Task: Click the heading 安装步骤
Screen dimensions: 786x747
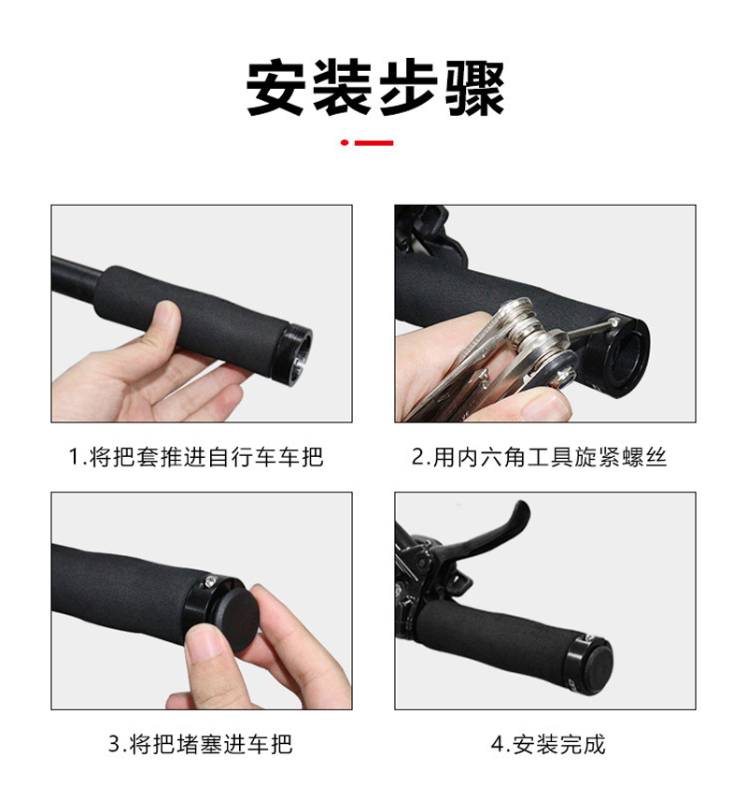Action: pos(374,89)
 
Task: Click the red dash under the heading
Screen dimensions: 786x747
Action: pos(374,143)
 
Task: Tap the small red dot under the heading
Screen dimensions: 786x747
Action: pos(345,143)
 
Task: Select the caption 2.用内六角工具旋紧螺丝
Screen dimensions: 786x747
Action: pos(540,457)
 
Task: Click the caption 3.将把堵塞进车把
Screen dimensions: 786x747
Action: pos(200,744)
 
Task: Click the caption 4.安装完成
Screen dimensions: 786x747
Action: pos(548,744)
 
